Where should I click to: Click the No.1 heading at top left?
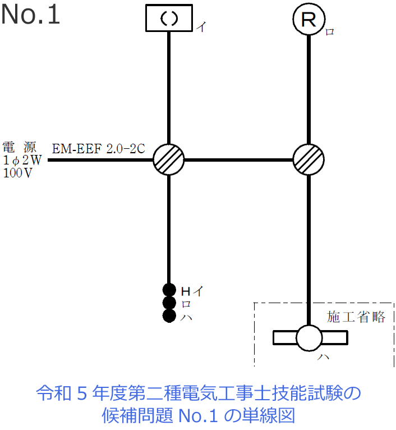30,15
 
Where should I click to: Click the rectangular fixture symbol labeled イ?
169,18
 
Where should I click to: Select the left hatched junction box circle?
169,159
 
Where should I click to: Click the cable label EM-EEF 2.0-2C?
99,149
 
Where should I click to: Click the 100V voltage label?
18,173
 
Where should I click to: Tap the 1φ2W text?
22,161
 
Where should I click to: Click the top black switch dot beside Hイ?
169,290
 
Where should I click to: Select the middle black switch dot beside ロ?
169,303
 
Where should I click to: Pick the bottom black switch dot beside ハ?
169,316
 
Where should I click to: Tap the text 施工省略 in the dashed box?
356,317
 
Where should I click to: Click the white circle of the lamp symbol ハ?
309,338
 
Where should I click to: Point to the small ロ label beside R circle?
330,32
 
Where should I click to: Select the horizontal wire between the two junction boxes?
239,159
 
